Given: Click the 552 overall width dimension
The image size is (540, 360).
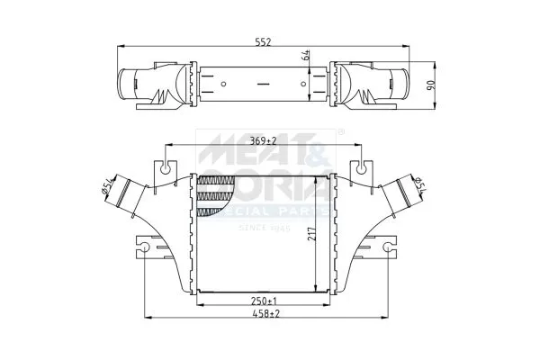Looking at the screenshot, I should (264, 42).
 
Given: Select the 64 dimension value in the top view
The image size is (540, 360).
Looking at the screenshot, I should (308, 55).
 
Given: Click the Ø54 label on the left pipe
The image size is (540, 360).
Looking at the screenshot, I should (106, 185).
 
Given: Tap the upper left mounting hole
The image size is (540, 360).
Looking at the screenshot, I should (165, 166).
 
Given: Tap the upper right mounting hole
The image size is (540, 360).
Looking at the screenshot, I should (361, 166).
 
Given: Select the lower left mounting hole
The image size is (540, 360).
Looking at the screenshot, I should (146, 247).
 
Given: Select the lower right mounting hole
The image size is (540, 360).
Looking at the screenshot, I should (387, 247).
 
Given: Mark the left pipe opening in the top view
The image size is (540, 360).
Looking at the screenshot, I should (123, 86).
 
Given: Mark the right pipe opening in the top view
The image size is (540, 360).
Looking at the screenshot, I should (402, 86).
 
